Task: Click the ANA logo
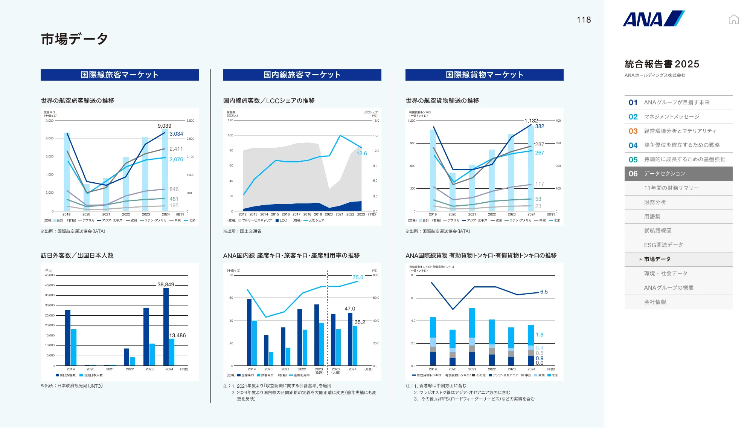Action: [654, 19]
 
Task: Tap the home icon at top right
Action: [733, 19]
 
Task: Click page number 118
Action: [584, 20]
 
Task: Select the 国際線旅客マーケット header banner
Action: [119, 75]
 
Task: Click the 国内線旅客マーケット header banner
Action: [302, 75]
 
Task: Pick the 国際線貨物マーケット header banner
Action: [484, 75]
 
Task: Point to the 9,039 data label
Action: [164, 126]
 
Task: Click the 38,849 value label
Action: [166, 284]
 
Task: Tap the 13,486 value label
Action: [178, 335]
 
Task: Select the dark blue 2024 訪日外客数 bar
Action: [166, 327]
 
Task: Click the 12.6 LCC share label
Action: [361, 153]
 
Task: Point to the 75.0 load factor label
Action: [358, 277]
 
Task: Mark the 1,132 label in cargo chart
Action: [531, 121]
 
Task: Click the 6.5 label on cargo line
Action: [544, 292]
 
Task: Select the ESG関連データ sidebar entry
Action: [663, 245]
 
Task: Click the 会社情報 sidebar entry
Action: [655, 302]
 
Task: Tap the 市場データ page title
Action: [75, 39]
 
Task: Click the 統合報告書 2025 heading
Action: [662, 64]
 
